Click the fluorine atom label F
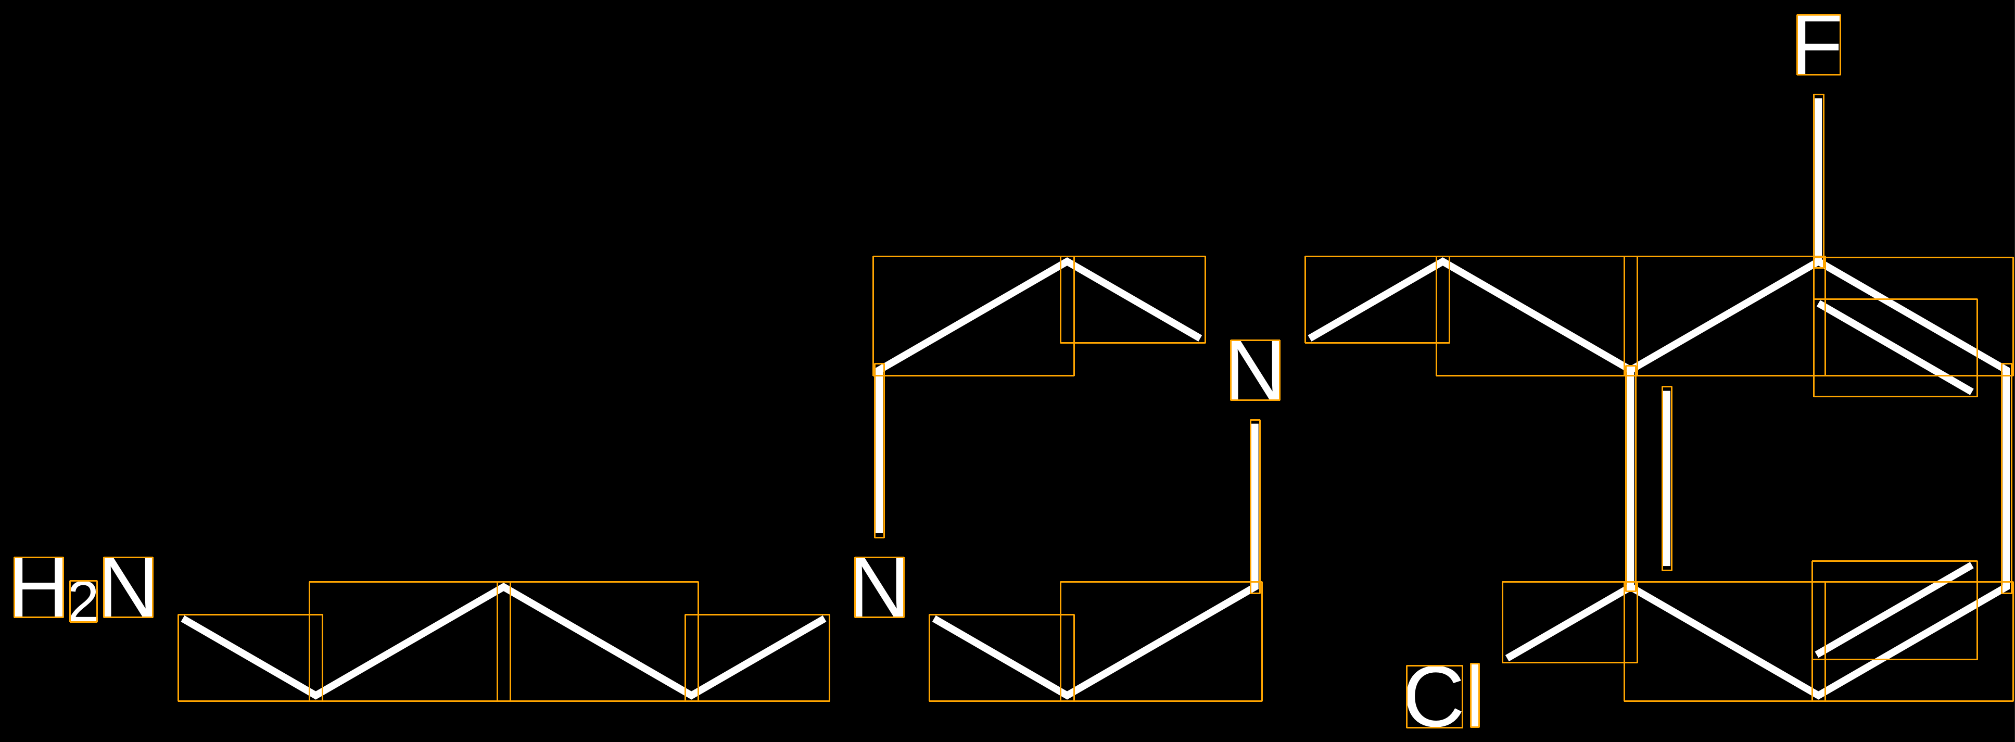coord(1818,45)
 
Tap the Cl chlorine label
coord(1442,696)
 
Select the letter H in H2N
coord(39,587)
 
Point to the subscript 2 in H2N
coord(84,601)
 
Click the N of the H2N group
coord(128,587)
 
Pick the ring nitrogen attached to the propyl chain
coord(879,587)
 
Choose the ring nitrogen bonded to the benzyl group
coord(1254,370)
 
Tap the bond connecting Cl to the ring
coord(1569,622)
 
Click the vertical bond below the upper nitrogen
coord(1254,507)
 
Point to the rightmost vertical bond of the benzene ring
coord(2006,478)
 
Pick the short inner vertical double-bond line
coord(1667,478)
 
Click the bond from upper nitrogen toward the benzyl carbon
coord(1377,300)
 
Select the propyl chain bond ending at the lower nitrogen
coord(757,658)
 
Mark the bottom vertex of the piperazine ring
coord(1067,694)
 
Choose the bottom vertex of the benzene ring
coord(1819,694)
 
